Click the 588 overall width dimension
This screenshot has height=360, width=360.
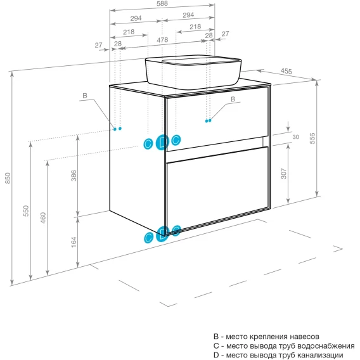(162, 3)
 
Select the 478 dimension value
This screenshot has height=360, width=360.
(162, 40)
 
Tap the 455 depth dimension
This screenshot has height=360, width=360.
(286, 71)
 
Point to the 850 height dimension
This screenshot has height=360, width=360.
(8, 178)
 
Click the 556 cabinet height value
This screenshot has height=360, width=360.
(312, 138)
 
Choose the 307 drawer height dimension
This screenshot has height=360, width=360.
(284, 174)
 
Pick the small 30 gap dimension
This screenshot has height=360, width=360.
(296, 137)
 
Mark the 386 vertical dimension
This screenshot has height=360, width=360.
(74, 176)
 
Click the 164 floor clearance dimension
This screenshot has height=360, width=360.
(74, 242)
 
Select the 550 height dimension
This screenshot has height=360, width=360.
(26, 211)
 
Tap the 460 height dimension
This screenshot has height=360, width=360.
(43, 217)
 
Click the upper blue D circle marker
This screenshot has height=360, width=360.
(162, 143)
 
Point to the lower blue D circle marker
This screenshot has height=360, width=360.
(162, 234)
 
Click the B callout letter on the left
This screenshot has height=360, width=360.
(85, 96)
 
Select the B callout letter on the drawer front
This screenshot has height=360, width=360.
(233, 99)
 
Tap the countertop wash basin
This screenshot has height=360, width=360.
(193, 72)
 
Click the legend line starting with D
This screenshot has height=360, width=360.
(278, 355)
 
